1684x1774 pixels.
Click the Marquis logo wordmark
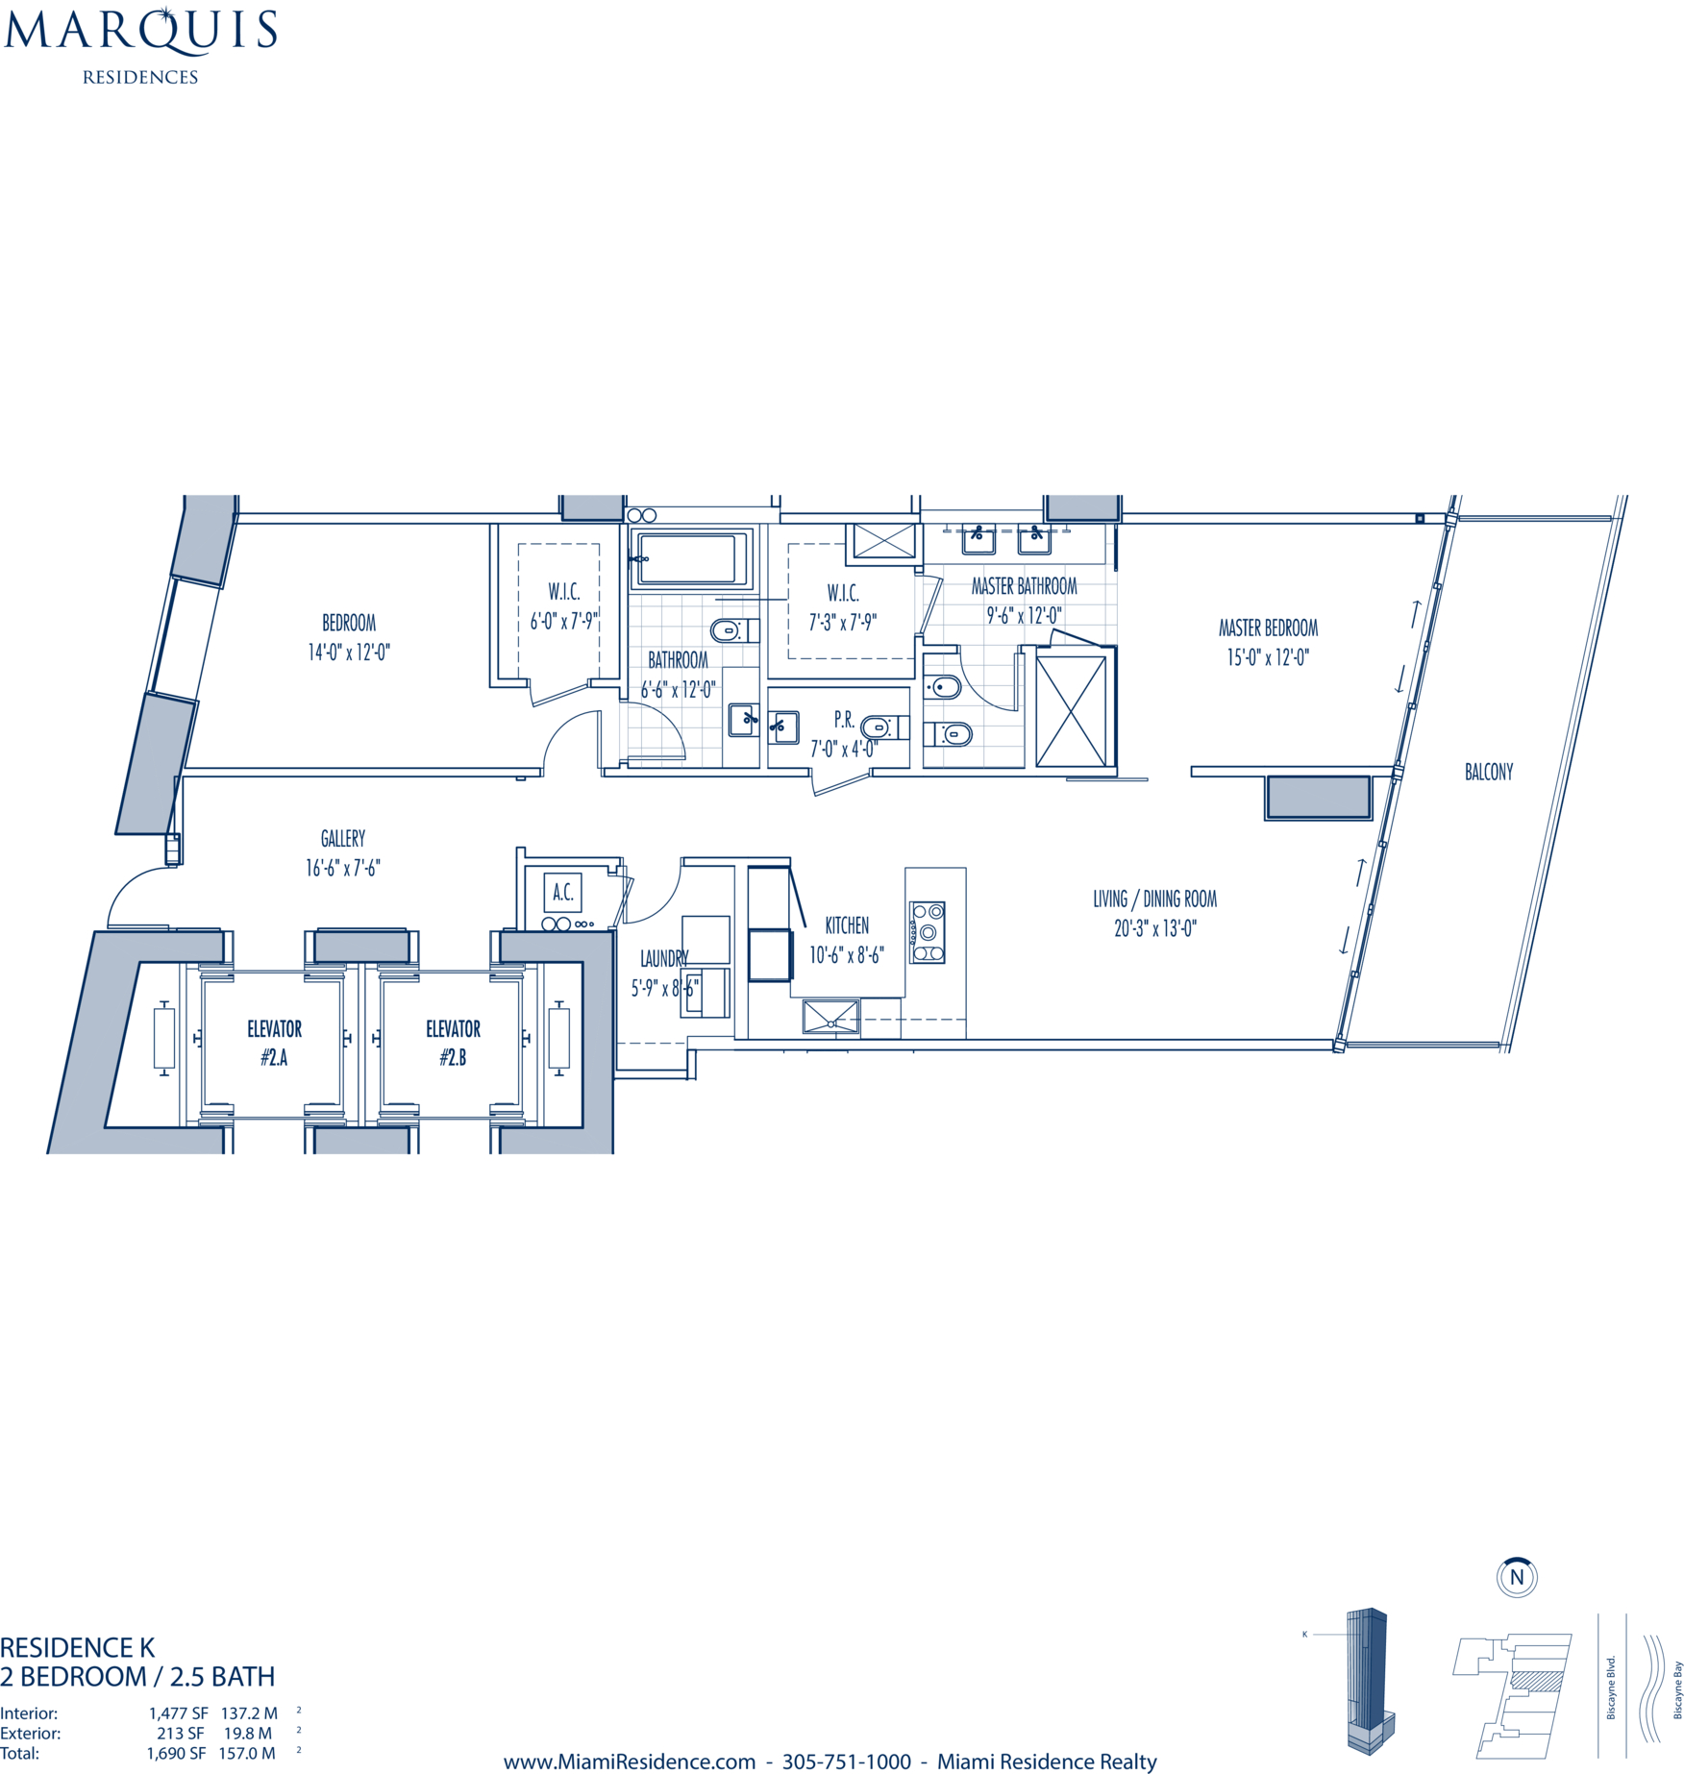coord(140,30)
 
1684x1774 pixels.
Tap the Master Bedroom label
coord(1268,628)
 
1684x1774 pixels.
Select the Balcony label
coord(1488,772)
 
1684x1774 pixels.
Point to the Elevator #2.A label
coord(274,1043)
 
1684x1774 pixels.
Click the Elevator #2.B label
coord(453,1043)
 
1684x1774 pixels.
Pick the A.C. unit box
coord(562,892)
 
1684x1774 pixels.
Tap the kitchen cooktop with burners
coord(928,932)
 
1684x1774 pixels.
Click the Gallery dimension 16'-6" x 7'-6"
coord(343,868)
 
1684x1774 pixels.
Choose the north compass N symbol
coord(1517,1577)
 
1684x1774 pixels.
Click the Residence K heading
coord(77,1647)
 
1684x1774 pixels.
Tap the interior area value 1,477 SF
coord(178,1712)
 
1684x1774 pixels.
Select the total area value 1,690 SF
coord(177,1753)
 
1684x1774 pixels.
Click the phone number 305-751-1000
coord(846,1762)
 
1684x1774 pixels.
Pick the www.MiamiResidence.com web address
coord(630,1762)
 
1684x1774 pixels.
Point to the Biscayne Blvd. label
coord(1611,1688)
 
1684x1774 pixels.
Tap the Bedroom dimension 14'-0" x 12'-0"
coord(349,653)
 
